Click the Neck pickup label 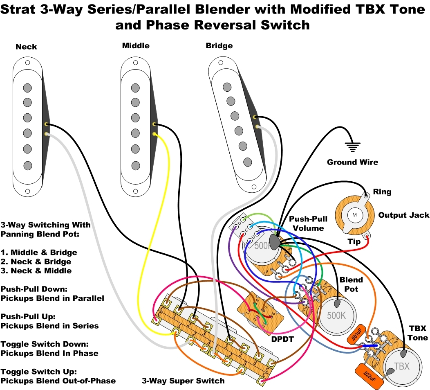26,47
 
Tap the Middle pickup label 136,46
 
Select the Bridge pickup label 219,46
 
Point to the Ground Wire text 352,162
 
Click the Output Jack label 403,215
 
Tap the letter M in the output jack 354,215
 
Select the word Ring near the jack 382,192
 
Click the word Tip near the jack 354,241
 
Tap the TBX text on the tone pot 402,366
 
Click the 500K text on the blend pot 336,316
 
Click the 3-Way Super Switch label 183,381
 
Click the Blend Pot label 351,284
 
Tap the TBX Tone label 418,333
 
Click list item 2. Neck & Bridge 36,262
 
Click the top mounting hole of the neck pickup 27,63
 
